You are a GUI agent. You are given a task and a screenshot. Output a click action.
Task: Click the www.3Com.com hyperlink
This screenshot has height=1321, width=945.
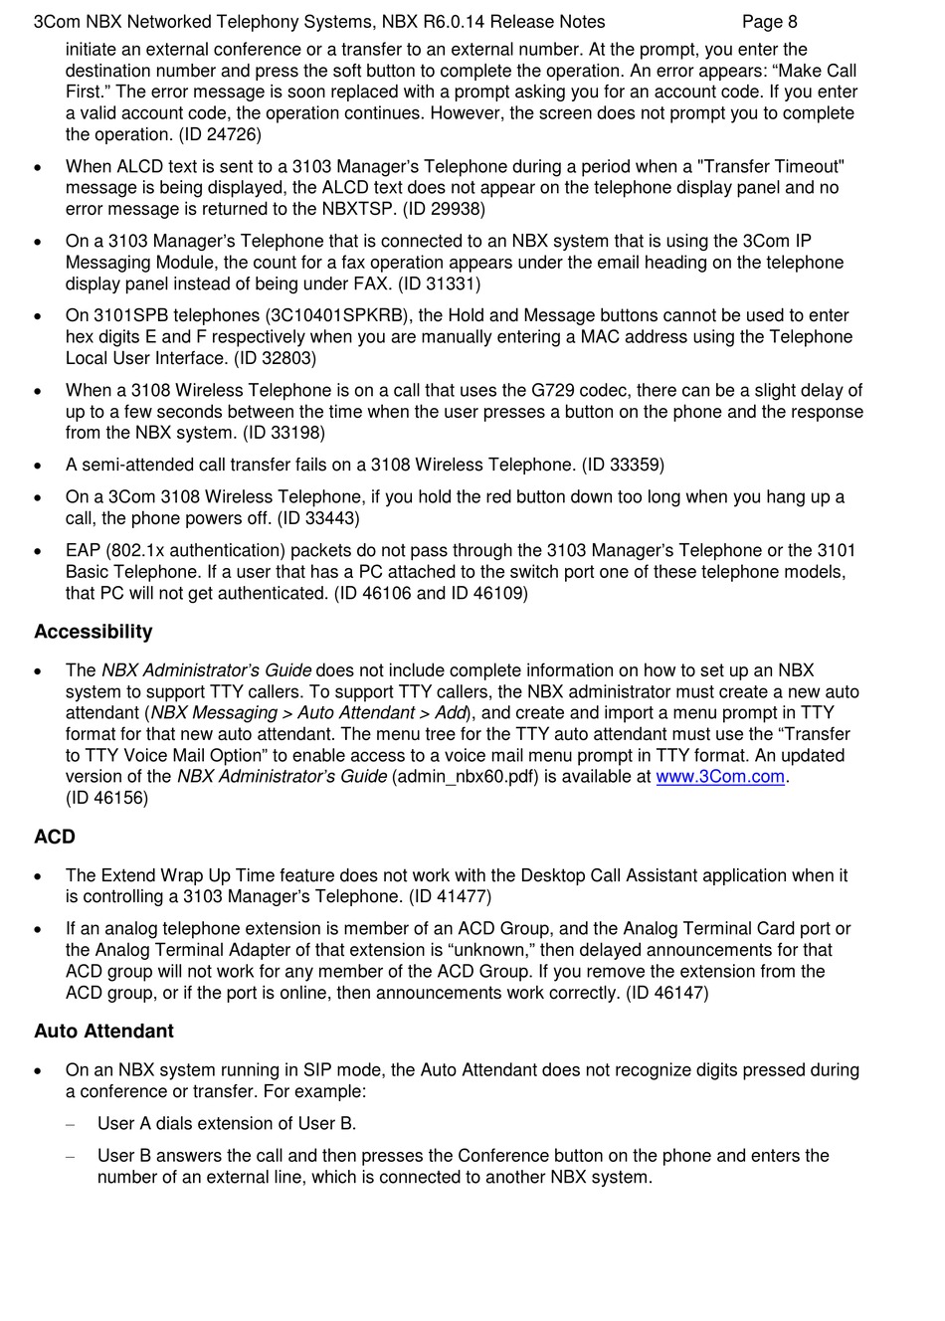tap(720, 777)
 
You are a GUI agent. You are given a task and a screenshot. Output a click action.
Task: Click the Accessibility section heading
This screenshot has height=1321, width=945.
tap(94, 632)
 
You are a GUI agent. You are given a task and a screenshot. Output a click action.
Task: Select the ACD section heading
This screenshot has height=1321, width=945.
tap(55, 837)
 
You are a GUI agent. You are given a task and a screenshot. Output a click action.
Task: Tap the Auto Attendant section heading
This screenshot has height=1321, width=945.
tap(103, 1031)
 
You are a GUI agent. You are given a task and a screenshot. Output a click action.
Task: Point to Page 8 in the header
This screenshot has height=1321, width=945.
tap(769, 22)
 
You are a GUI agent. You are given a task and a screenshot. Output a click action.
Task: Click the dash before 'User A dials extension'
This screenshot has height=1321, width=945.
tap(70, 1124)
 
